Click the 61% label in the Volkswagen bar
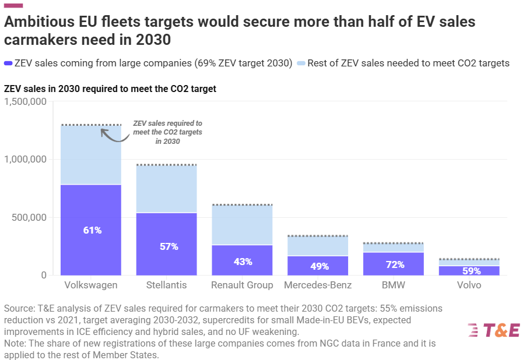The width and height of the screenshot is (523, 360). [92, 230]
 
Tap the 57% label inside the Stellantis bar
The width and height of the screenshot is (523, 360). [169, 246]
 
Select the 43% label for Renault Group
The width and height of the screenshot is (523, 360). [242, 262]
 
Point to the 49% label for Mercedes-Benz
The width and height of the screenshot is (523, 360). [318, 266]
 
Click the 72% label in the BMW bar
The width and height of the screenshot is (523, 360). [394, 264]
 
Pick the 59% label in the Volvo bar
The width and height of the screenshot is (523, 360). [471, 271]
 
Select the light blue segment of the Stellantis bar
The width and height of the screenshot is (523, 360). [167, 189]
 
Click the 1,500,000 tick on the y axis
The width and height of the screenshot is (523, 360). [25, 102]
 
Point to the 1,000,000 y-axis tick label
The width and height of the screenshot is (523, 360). [25, 160]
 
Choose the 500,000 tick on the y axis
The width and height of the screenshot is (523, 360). [29, 217]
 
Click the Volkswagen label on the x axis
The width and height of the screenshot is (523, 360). [91, 285]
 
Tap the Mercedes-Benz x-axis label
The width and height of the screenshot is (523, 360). [318, 285]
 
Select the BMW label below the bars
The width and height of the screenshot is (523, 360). [394, 285]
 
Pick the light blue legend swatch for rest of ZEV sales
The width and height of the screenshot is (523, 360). [301, 63]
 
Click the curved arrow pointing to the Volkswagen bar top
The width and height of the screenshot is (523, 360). [114, 133]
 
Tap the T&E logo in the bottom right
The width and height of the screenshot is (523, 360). [493, 330]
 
